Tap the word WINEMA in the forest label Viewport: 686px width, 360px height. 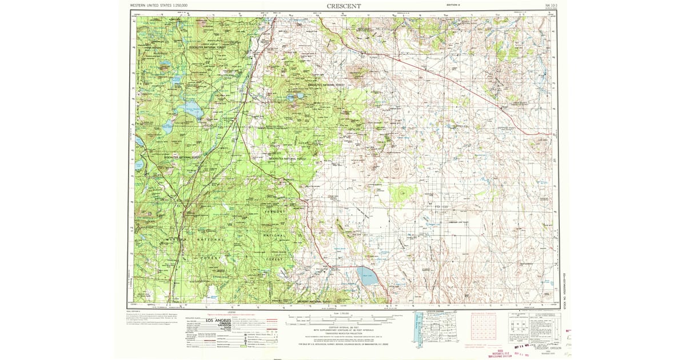pos(174,238)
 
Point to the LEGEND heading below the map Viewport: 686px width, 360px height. pos(232,312)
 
